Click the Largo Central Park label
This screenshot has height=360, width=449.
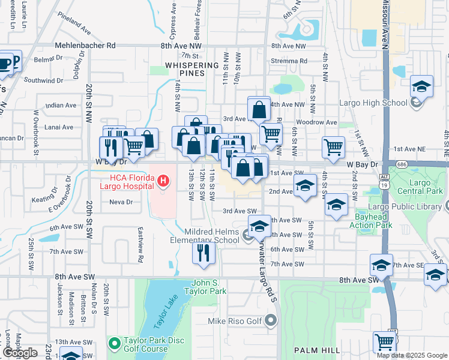point(419,187)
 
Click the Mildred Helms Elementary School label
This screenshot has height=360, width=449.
point(204,236)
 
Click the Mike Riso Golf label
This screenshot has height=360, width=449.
point(235,321)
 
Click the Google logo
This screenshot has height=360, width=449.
point(20,353)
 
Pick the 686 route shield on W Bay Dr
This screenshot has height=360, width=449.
point(397,164)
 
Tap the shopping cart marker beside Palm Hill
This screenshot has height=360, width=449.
point(384,342)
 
